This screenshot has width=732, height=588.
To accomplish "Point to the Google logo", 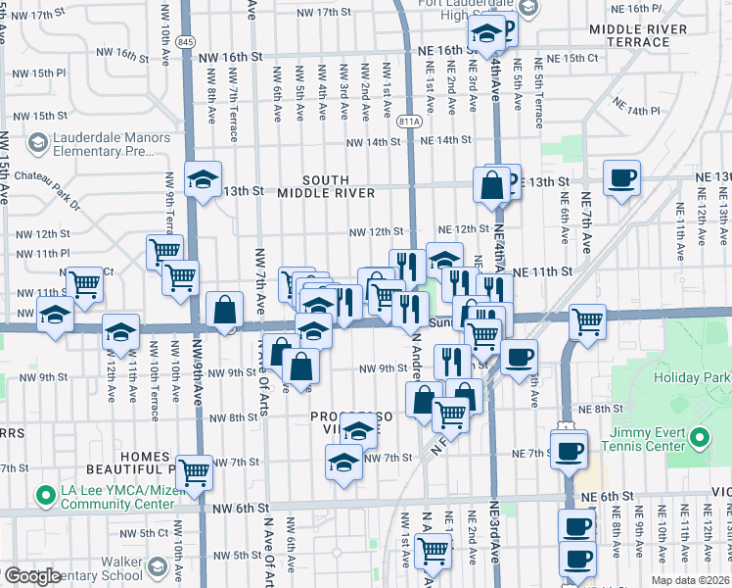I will (31, 576).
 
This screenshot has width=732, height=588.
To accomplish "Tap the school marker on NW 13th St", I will (204, 179).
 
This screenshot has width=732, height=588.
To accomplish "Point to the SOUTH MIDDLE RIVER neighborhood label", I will (325, 186).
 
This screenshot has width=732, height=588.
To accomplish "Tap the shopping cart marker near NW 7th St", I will (195, 472).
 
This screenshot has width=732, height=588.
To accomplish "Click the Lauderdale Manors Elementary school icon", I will (37, 145).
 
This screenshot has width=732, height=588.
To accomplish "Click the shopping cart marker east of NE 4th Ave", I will (587, 320).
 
